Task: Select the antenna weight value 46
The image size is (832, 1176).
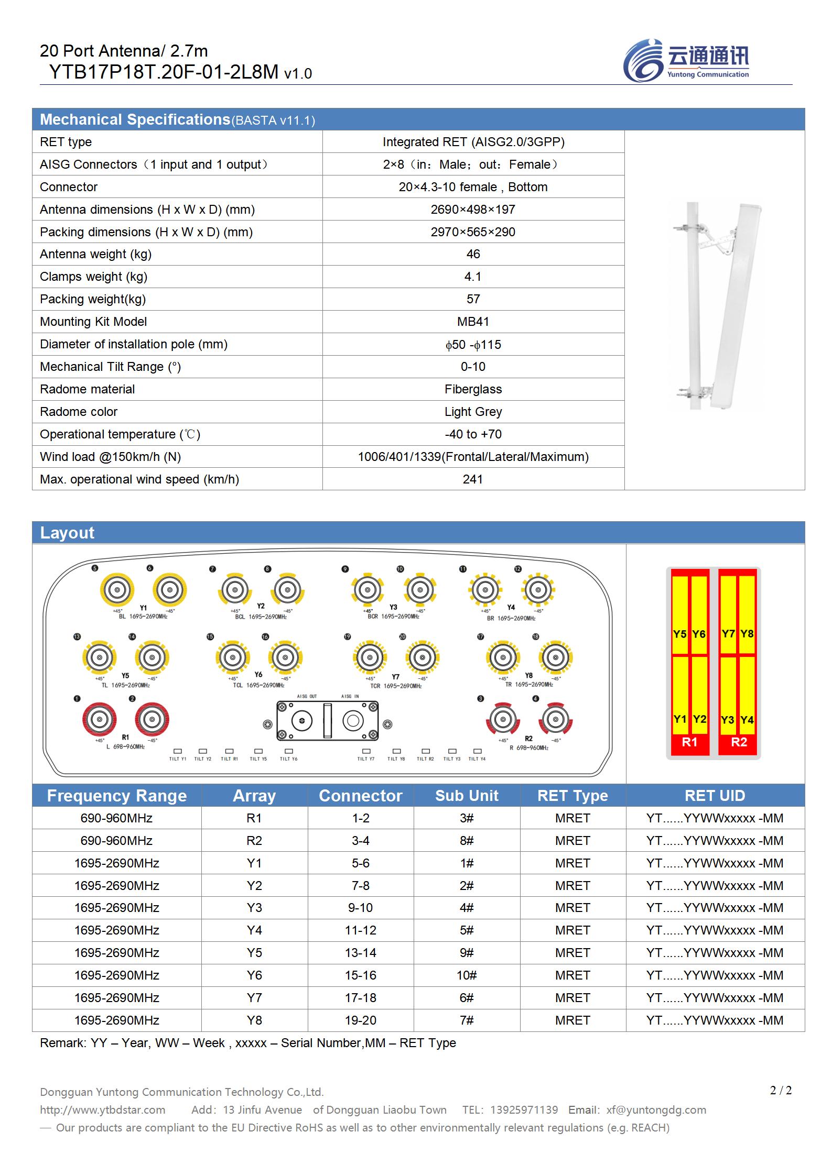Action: click(x=473, y=254)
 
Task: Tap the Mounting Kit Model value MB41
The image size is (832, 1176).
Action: click(x=473, y=322)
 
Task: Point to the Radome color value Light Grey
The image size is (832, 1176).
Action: click(x=473, y=412)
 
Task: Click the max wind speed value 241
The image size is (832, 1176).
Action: click(x=473, y=479)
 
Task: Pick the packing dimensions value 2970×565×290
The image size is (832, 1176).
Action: click(x=473, y=232)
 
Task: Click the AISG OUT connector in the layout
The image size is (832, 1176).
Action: click(x=301, y=721)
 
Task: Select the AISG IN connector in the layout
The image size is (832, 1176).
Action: click(x=353, y=721)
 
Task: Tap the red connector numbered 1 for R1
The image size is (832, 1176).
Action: click(x=99, y=719)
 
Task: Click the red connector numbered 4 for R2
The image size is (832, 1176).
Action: click(x=555, y=719)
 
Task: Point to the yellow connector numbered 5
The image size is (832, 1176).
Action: click(x=117, y=590)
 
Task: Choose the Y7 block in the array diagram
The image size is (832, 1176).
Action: click(x=728, y=634)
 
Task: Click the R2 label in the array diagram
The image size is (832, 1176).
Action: click(x=739, y=742)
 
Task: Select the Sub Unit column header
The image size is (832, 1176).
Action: click(x=467, y=796)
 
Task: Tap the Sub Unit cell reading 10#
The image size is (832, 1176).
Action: click(x=467, y=975)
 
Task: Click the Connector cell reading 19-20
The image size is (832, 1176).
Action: click(x=361, y=1020)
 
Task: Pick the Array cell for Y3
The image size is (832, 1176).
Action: click(x=254, y=908)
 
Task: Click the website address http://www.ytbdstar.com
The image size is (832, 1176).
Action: click(x=103, y=1110)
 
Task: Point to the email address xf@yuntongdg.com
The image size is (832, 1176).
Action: click(x=656, y=1110)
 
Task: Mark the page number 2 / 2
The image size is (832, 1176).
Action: click(x=781, y=1091)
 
